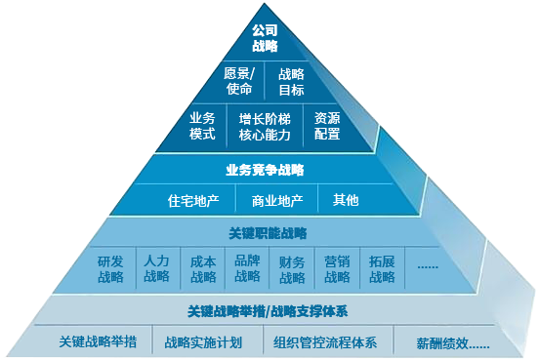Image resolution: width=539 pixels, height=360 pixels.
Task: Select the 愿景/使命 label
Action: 239,82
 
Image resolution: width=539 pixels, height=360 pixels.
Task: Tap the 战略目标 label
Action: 291,82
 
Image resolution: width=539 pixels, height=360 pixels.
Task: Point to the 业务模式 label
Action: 202,126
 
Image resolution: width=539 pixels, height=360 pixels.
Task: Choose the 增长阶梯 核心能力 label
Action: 265,126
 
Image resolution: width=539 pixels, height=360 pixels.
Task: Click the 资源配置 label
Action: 327,126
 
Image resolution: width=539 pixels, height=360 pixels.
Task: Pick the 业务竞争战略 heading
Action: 265,170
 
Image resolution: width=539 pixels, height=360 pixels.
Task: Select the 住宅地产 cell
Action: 193,201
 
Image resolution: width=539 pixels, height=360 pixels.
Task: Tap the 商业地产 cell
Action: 277,201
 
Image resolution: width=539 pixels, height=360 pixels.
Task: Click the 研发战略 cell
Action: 110,269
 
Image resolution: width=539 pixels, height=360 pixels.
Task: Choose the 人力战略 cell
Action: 156,269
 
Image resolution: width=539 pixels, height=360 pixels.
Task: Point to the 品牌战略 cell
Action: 247,269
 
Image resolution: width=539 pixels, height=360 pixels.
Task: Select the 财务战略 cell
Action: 292,269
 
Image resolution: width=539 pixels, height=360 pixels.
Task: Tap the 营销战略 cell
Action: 337,269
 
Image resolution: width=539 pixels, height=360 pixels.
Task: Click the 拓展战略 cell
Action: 382,269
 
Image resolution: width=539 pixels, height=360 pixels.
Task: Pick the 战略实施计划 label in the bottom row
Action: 203,342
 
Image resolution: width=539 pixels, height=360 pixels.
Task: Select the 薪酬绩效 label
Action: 452,343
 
